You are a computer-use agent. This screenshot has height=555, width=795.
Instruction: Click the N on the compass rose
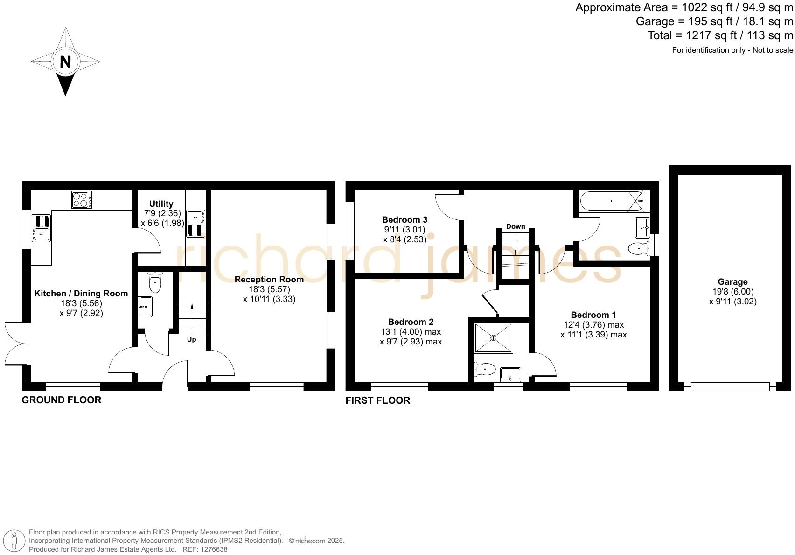tap(65, 61)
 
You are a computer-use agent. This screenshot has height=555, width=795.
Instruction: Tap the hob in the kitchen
tap(82, 200)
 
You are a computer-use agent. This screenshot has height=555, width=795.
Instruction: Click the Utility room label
tap(161, 204)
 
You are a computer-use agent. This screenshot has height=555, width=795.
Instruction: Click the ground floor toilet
tap(155, 282)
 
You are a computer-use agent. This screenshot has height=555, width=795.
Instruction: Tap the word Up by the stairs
tap(191, 339)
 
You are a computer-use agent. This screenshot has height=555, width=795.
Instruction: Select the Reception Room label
tap(269, 280)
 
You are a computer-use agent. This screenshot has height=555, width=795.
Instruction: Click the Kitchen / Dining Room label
tap(81, 294)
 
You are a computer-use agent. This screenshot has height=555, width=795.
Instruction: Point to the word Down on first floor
tap(516, 226)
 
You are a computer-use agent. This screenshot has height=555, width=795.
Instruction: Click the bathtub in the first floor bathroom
tap(611, 201)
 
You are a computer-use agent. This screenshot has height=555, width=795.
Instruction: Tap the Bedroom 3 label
tap(404, 220)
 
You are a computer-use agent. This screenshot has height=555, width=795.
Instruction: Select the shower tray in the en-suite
tap(493, 337)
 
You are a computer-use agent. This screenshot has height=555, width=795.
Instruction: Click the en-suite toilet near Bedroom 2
tap(485, 369)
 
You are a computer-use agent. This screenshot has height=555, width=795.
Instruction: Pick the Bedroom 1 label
tap(593, 315)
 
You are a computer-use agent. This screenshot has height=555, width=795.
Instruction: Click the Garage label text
tap(732, 282)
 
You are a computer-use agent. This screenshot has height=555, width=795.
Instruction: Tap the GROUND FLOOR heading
tap(62, 400)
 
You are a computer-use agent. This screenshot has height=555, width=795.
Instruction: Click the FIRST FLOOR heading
tap(378, 400)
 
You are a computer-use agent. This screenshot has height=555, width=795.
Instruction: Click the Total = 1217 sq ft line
tap(720, 35)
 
